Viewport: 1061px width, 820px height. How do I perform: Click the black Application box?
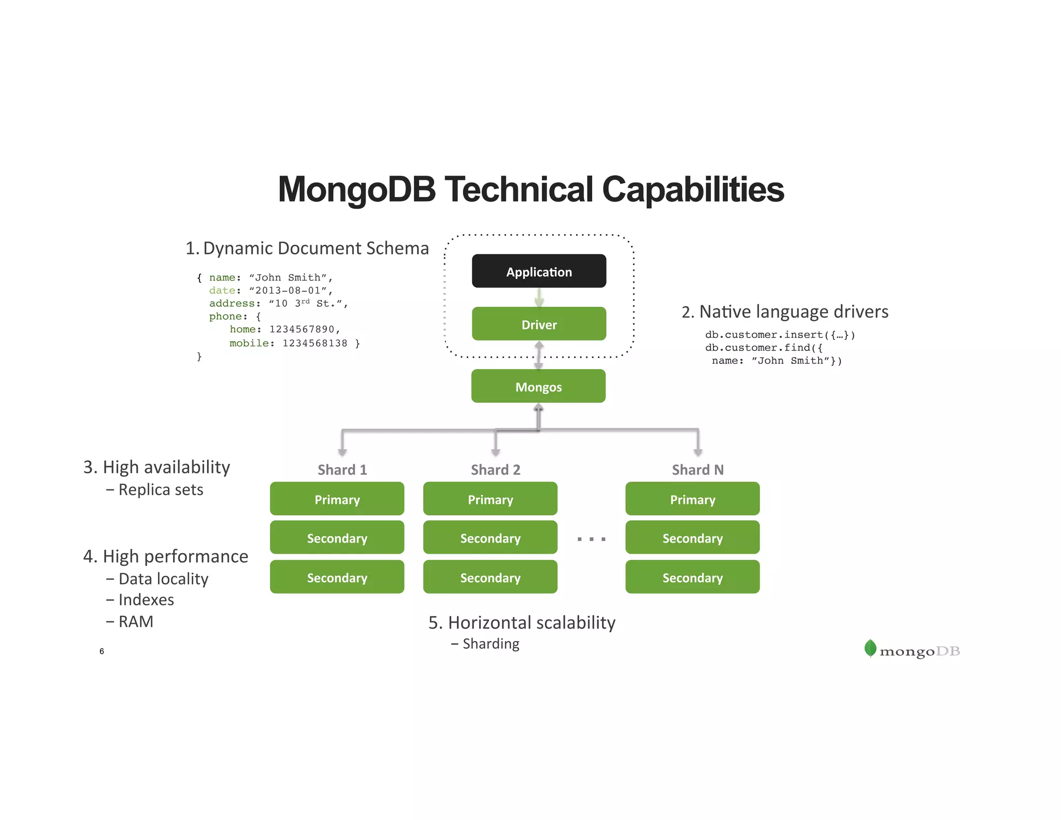[539, 271]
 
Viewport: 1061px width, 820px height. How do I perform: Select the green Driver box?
[539, 324]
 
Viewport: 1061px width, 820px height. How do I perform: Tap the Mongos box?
[538, 386]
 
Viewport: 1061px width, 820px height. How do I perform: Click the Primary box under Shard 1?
[337, 499]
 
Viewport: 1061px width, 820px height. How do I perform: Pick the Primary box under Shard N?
[692, 499]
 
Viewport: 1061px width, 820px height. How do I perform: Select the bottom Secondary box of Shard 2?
[490, 577]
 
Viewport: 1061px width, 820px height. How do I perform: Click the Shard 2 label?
[495, 470]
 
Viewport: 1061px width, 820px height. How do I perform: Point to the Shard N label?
[697, 470]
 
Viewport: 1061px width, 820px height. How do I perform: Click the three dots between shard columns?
[591, 539]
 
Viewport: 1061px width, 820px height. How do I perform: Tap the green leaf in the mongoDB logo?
[870, 648]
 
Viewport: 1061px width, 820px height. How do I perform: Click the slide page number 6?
[102, 651]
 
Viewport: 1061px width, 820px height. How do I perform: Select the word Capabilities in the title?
[693, 189]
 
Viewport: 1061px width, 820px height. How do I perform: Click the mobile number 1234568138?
[314, 343]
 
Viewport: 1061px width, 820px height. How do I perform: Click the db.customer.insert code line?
[780, 335]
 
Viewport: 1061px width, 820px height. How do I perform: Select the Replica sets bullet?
[161, 490]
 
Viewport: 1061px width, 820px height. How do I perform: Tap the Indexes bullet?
[146, 600]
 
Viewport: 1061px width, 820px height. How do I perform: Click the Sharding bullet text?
[491, 644]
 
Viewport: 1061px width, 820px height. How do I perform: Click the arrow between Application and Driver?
[539, 297]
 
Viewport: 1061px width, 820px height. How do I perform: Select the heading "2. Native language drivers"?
[784, 312]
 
